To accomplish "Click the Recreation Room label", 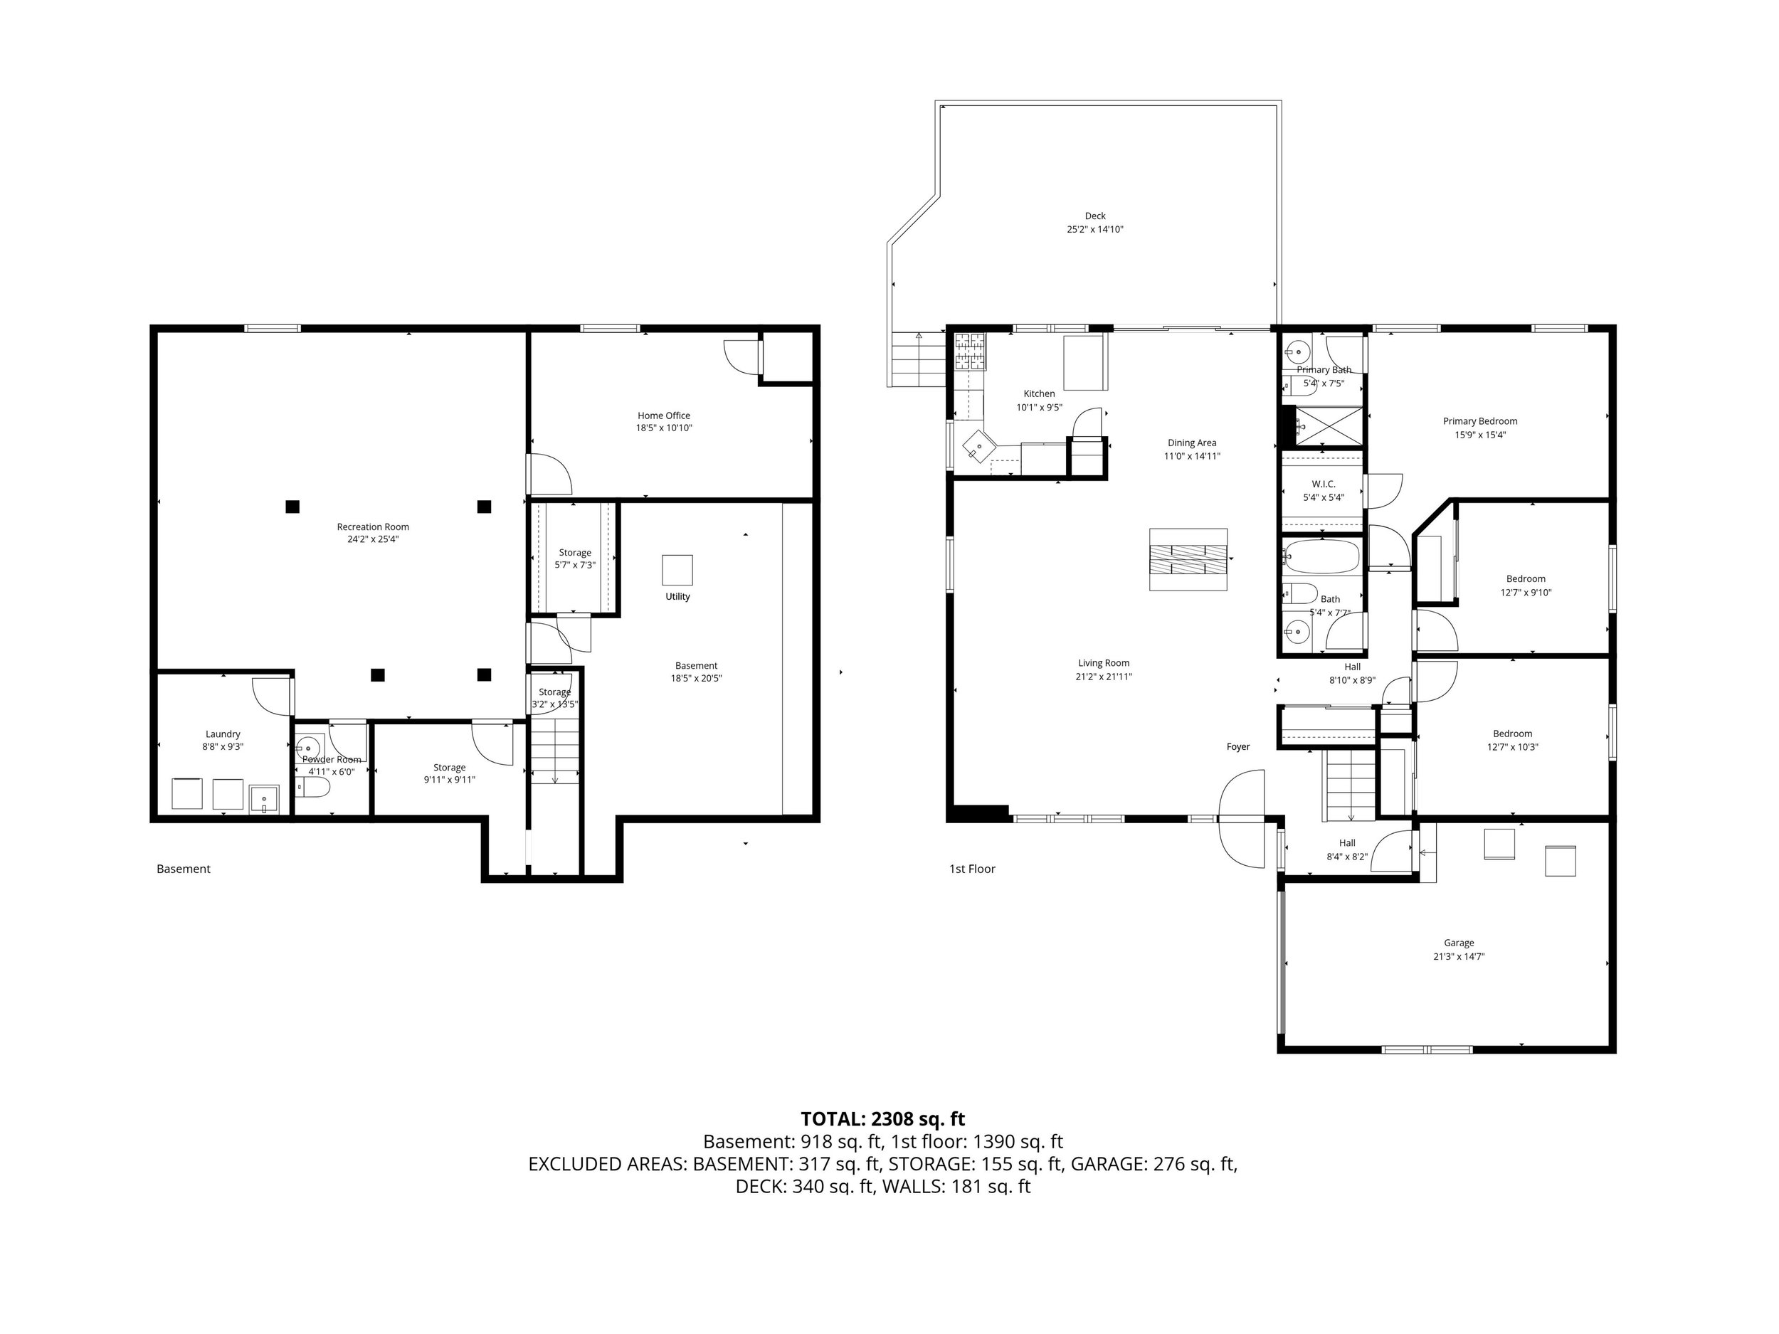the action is [372, 526].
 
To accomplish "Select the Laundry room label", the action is [223, 734].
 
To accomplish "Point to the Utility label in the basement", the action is [677, 597].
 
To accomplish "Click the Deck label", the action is [1094, 216].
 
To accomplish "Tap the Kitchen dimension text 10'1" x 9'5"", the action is [1039, 408].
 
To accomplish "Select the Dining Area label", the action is [1192, 443].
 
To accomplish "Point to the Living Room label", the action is [1104, 663].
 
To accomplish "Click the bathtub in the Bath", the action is [1321, 556].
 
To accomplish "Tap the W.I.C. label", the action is [1323, 484].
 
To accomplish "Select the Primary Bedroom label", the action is [1480, 421].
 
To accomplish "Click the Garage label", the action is [1458, 943].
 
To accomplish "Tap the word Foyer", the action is [1237, 747].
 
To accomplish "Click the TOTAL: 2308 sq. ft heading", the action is [882, 1118].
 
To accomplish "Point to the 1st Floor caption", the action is [971, 869].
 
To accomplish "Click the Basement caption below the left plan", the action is [184, 869].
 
